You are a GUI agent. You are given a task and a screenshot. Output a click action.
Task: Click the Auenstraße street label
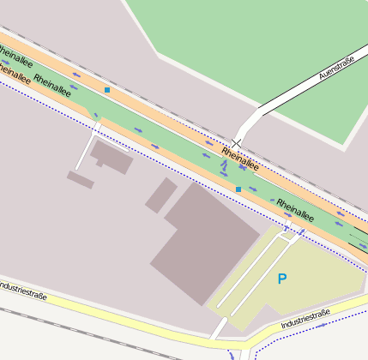click(x=336, y=67)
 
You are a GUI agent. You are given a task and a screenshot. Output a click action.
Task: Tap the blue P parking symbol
click(x=281, y=279)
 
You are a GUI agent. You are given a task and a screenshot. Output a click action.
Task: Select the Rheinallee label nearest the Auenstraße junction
click(x=239, y=158)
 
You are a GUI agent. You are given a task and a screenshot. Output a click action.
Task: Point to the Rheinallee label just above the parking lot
click(x=295, y=210)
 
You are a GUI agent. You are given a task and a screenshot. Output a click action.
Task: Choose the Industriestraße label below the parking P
click(x=306, y=321)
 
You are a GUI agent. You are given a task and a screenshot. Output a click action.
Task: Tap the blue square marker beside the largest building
click(x=238, y=189)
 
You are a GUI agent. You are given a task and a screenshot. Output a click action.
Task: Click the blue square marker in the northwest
click(x=107, y=89)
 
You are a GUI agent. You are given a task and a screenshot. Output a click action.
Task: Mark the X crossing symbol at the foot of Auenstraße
click(x=237, y=142)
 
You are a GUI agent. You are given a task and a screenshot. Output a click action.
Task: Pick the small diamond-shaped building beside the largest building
click(x=160, y=195)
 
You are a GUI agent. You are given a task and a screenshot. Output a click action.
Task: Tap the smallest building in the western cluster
click(x=80, y=179)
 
